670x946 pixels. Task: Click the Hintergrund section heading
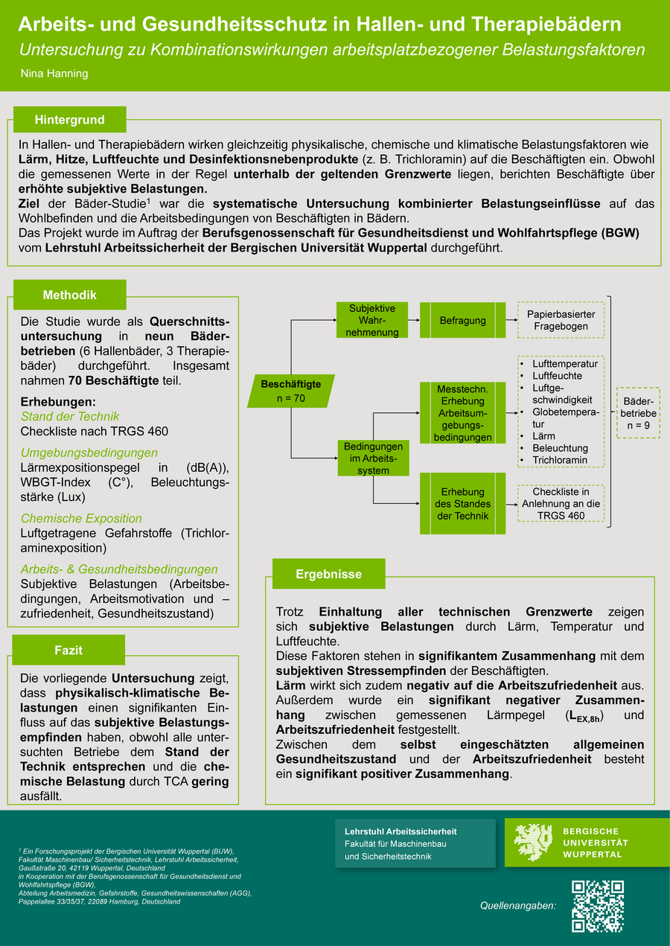(69, 120)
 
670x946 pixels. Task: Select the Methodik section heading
(69, 295)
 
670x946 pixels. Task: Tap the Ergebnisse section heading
(328, 574)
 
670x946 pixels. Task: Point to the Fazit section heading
(68, 650)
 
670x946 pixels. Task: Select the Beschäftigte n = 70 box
(291, 391)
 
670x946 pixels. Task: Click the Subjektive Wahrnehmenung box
(372, 320)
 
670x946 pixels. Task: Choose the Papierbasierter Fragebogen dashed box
(561, 320)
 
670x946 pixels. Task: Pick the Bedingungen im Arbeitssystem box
(373, 458)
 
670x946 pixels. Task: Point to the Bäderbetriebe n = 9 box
(638, 413)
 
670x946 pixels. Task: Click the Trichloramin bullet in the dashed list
(559, 460)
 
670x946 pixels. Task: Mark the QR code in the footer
(598, 906)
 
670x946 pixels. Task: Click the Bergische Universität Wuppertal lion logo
(533, 843)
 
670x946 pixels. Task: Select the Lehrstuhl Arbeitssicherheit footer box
(415, 843)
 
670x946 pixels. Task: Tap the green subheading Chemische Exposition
(81, 518)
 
